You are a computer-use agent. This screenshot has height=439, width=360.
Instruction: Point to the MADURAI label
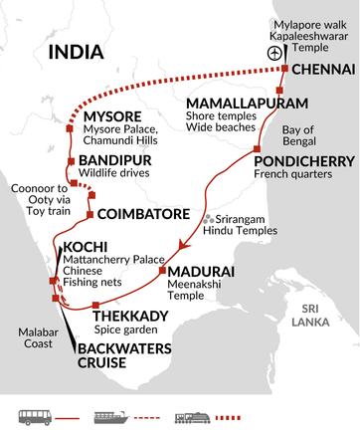(x=202, y=271)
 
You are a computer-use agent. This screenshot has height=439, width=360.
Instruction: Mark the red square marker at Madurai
(x=163, y=271)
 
